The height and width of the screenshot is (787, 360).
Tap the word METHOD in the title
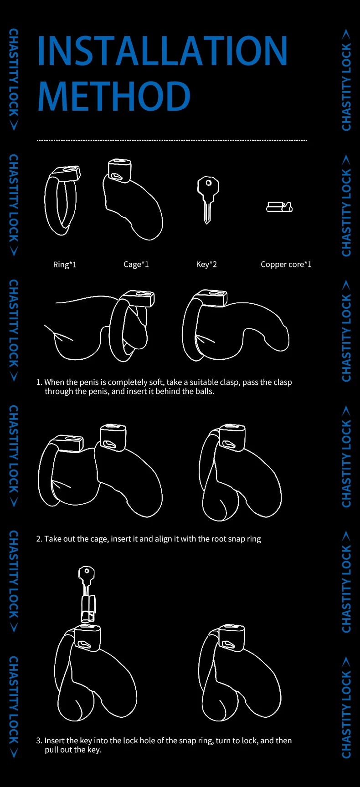pyautogui.click(x=114, y=96)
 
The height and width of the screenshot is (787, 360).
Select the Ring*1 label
pyautogui.click(x=65, y=265)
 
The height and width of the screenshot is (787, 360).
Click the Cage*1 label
pyautogui.click(x=136, y=265)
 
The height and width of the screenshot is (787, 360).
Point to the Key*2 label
pyautogui.click(x=206, y=265)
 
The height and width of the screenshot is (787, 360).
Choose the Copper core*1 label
pyautogui.click(x=286, y=265)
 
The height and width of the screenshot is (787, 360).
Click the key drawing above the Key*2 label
pyautogui.click(x=208, y=199)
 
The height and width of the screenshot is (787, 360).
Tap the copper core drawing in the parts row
pyautogui.click(x=279, y=207)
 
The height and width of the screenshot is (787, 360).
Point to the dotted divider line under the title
pyautogui.click(x=172, y=140)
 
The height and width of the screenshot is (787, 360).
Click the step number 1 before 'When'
pyautogui.click(x=39, y=382)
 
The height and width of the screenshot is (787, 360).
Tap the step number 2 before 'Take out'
pyautogui.click(x=39, y=539)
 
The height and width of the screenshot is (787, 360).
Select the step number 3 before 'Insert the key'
pyautogui.click(x=39, y=741)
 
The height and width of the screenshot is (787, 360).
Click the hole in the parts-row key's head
pyautogui.click(x=209, y=183)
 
